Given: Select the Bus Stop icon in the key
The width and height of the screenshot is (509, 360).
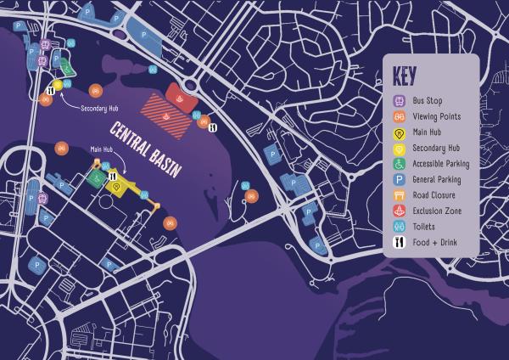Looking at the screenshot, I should click(x=400, y=101).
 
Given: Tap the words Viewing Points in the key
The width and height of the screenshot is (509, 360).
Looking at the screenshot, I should click(x=437, y=117).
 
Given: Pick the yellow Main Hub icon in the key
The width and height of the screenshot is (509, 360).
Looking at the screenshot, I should click(x=400, y=132).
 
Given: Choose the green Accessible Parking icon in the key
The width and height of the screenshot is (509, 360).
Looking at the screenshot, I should click(x=400, y=164).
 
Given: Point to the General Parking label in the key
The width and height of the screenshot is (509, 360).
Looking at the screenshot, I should click(x=437, y=180).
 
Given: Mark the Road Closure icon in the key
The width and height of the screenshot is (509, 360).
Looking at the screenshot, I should click(x=400, y=195).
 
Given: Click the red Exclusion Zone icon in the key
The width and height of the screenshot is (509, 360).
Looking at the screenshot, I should click(x=400, y=211).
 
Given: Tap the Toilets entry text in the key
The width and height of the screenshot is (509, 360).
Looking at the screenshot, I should click(x=426, y=227).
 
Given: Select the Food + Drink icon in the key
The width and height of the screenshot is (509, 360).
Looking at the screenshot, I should click(x=400, y=242).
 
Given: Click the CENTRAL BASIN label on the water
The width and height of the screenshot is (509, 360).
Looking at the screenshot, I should click(x=146, y=149).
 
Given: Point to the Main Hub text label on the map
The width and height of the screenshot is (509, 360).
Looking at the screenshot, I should click(x=103, y=149).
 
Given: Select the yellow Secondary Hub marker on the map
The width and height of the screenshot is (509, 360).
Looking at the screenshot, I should click(x=58, y=84).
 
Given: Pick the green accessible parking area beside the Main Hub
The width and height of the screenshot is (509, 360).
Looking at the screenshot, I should click(x=96, y=179).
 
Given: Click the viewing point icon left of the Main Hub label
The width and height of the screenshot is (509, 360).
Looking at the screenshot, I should click(x=61, y=149).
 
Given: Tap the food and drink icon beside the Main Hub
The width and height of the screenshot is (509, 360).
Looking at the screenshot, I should click(x=112, y=175).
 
